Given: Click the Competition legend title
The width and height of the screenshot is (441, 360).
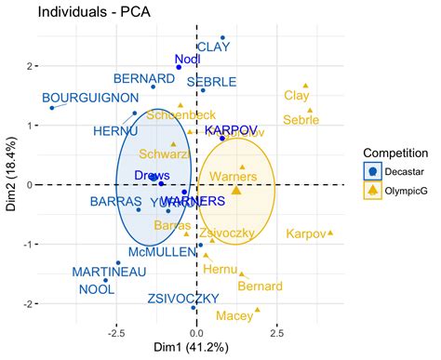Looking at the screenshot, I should click(x=395, y=153).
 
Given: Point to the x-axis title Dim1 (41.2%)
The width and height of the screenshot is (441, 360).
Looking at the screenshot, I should click(x=194, y=347).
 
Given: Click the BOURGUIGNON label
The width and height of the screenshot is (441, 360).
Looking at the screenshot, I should click(x=89, y=98).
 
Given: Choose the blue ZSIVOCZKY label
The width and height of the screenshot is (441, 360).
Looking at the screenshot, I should click(x=182, y=299).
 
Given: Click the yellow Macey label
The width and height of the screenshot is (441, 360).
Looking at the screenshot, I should click(x=234, y=316).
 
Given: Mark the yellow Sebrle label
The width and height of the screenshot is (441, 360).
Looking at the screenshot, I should click(x=301, y=120).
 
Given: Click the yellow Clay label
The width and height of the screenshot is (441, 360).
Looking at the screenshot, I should click(x=297, y=96).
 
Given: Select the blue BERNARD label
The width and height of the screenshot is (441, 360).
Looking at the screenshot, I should click(x=144, y=77).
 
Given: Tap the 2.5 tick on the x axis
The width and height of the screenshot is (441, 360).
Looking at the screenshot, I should click(x=278, y=329).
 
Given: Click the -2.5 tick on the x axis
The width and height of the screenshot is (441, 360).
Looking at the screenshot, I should click(x=115, y=329).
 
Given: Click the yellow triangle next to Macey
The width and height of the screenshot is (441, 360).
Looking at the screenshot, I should click(x=258, y=310).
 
